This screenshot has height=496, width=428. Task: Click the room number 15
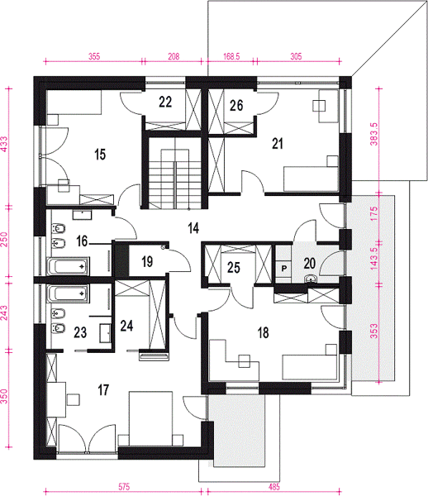[x=100, y=155]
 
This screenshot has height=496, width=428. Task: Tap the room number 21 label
[x=278, y=144]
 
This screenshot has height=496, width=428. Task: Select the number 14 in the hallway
[x=193, y=228]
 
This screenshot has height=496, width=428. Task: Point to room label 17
[x=103, y=390]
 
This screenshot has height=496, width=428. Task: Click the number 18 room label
[x=263, y=333]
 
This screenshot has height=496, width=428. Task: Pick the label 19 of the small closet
[x=147, y=261]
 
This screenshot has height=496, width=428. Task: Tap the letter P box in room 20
[x=284, y=269]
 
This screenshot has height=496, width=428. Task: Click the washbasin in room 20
[x=311, y=279]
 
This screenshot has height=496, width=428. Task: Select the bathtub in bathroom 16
[x=68, y=266]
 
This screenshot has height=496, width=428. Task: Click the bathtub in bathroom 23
[x=68, y=293]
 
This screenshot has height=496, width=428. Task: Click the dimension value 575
[x=124, y=487]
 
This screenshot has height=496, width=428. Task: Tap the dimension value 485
[x=273, y=487]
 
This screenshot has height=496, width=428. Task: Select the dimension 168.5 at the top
[x=231, y=56]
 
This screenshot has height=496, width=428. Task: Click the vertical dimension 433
[x=4, y=144]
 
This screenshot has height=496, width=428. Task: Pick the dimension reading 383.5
[x=374, y=134]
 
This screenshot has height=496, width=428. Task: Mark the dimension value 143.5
[x=374, y=259]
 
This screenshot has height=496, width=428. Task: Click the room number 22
[x=165, y=103]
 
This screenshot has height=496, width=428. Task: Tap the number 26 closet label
[x=236, y=105]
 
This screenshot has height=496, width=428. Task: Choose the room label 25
[x=234, y=268]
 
